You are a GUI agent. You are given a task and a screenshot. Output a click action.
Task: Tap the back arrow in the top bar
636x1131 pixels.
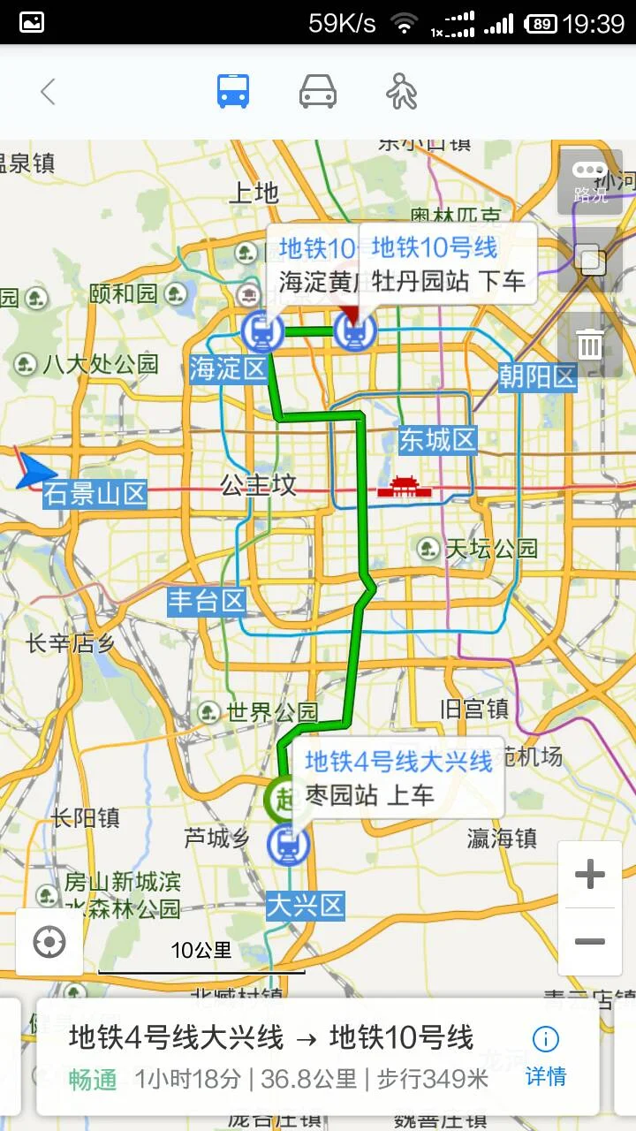(x=48, y=92)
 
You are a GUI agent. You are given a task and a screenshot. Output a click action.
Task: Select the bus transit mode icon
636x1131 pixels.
(x=233, y=92)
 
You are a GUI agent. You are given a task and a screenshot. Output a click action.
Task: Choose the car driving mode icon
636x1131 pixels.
(x=318, y=92)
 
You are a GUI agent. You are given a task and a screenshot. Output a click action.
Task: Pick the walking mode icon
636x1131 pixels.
(x=402, y=92)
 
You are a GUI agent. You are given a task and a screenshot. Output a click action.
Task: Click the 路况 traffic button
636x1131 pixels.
(x=590, y=182)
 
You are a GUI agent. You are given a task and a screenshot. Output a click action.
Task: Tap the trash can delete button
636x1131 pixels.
(x=590, y=344)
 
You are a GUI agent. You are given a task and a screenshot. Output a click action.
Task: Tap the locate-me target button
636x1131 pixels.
(x=49, y=942)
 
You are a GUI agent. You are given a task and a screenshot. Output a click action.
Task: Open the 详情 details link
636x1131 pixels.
(x=545, y=1056)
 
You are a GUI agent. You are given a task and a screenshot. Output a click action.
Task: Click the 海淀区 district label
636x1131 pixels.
(x=229, y=368)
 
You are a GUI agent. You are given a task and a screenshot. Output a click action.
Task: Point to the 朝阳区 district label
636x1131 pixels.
(x=537, y=377)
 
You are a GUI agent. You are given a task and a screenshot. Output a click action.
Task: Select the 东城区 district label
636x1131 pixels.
(x=437, y=439)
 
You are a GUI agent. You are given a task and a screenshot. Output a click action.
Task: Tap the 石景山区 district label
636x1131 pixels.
(x=95, y=494)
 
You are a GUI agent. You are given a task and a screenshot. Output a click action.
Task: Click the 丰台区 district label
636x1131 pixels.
(x=207, y=602)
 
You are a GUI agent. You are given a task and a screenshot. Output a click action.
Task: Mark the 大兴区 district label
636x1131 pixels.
(x=305, y=906)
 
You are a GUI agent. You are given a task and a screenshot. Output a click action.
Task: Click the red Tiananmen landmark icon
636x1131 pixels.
(x=402, y=487)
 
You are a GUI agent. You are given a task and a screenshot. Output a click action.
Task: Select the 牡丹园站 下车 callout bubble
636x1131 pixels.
(x=448, y=263)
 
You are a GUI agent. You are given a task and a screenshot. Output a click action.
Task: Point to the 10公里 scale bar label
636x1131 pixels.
(x=201, y=951)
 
